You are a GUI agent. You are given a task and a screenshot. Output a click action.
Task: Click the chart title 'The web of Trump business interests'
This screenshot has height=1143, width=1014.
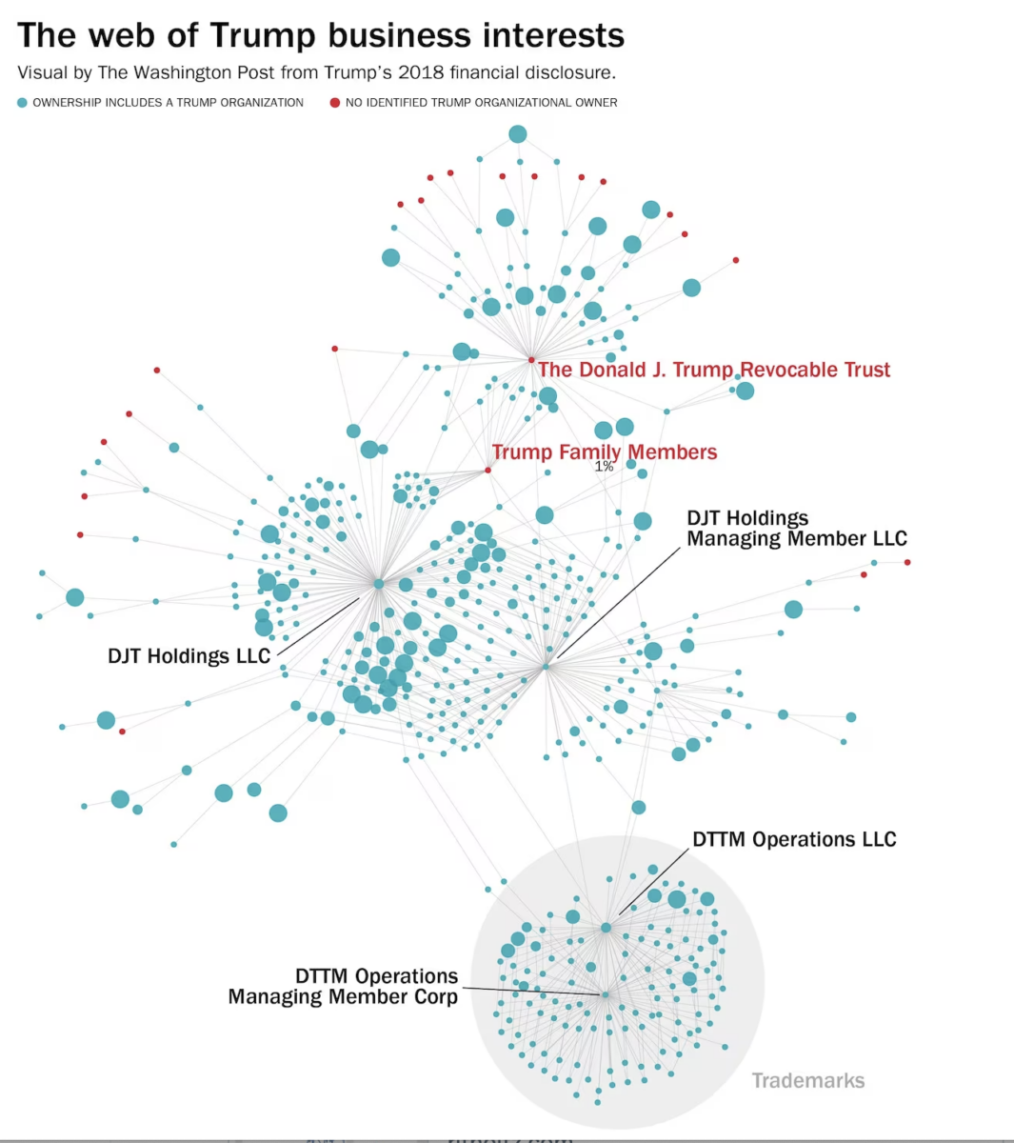pos(321,35)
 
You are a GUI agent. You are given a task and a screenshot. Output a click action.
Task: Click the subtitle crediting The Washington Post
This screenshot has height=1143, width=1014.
pos(316,72)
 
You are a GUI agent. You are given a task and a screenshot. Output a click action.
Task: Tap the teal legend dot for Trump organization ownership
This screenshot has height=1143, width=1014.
pos(23,103)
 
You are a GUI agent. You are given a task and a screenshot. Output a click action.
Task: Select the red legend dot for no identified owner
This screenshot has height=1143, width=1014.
pos(335,103)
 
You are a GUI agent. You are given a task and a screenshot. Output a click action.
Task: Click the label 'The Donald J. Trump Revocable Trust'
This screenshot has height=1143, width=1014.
pos(714,370)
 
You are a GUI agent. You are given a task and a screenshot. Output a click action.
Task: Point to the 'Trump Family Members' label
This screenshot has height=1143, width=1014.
pos(605,451)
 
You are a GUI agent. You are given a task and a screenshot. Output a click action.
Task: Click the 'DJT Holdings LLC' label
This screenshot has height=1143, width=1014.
pos(189,655)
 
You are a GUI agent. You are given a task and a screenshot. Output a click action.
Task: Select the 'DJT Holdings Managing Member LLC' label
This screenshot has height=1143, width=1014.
pos(797,529)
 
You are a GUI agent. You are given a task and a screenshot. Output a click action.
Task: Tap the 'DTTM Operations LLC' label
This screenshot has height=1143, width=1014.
pos(794,839)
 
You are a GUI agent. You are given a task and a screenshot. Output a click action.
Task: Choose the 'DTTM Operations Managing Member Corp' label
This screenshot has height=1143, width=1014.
pos(343,987)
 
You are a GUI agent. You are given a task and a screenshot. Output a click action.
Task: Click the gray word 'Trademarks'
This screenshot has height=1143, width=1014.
pos(808,1080)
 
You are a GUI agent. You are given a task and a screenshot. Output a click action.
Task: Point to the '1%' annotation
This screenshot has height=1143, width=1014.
pos(605,467)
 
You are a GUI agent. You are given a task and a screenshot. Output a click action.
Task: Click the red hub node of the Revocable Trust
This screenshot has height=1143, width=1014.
pos(531,360)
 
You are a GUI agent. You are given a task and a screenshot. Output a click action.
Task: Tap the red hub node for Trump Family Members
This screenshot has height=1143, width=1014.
pos(488,470)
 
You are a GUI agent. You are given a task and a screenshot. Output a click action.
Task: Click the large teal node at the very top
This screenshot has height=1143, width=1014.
pos(517,134)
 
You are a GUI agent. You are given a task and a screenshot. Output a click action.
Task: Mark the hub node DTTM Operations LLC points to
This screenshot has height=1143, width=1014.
pos(606,927)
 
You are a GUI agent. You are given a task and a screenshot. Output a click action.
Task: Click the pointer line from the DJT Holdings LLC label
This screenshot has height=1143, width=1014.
pos(319,626)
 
